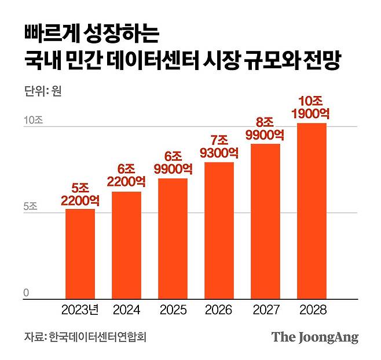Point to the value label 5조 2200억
pos(80,194)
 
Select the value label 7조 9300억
pos(219,147)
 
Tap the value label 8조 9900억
pos(265,128)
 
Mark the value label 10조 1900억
pos(312,108)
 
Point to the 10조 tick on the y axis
pos(33,122)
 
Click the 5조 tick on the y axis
pos(31,207)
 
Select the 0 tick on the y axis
pos(26,293)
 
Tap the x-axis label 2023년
pos(80,310)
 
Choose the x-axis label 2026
pos(219,310)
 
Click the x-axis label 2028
pos(312,310)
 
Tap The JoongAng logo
pos(315,337)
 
